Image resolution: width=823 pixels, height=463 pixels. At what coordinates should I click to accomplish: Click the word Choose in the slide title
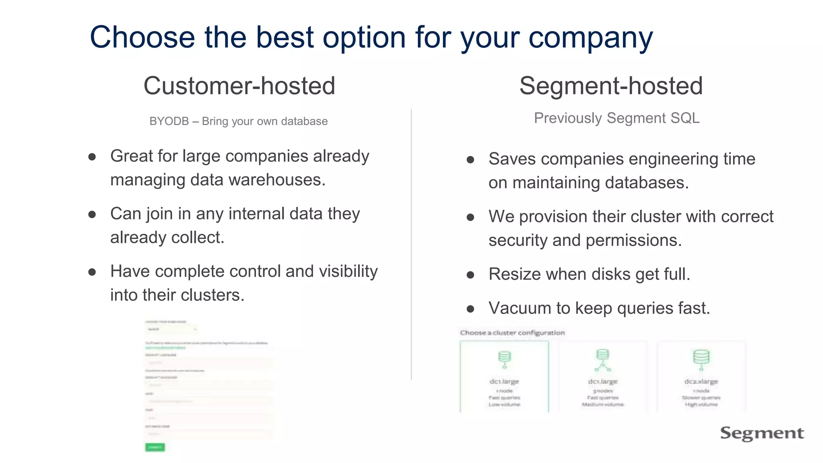(x=142, y=37)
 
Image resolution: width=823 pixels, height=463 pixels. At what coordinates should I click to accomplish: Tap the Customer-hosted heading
(x=239, y=86)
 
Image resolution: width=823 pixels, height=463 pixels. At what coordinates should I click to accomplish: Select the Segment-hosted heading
(x=611, y=86)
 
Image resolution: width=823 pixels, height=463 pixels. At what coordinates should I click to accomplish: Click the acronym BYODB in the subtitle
(x=169, y=121)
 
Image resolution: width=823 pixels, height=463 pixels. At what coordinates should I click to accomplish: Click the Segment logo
(x=762, y=433)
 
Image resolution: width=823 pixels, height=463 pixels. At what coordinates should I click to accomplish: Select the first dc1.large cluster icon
(x=504, y=359)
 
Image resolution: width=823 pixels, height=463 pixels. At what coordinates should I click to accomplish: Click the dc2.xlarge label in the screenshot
(x=701, y=381)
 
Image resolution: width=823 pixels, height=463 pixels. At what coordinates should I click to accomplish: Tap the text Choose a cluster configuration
(x=512, y=333)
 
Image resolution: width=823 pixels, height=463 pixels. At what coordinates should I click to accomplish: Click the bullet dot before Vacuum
(x=471, y=309)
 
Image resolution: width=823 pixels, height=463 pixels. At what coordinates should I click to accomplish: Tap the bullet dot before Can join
(x=92, y=215)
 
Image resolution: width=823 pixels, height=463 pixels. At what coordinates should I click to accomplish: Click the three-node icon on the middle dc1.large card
(x=603, y=360)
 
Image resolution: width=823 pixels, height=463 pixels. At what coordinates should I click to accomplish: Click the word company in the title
(x=590, y=37)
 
